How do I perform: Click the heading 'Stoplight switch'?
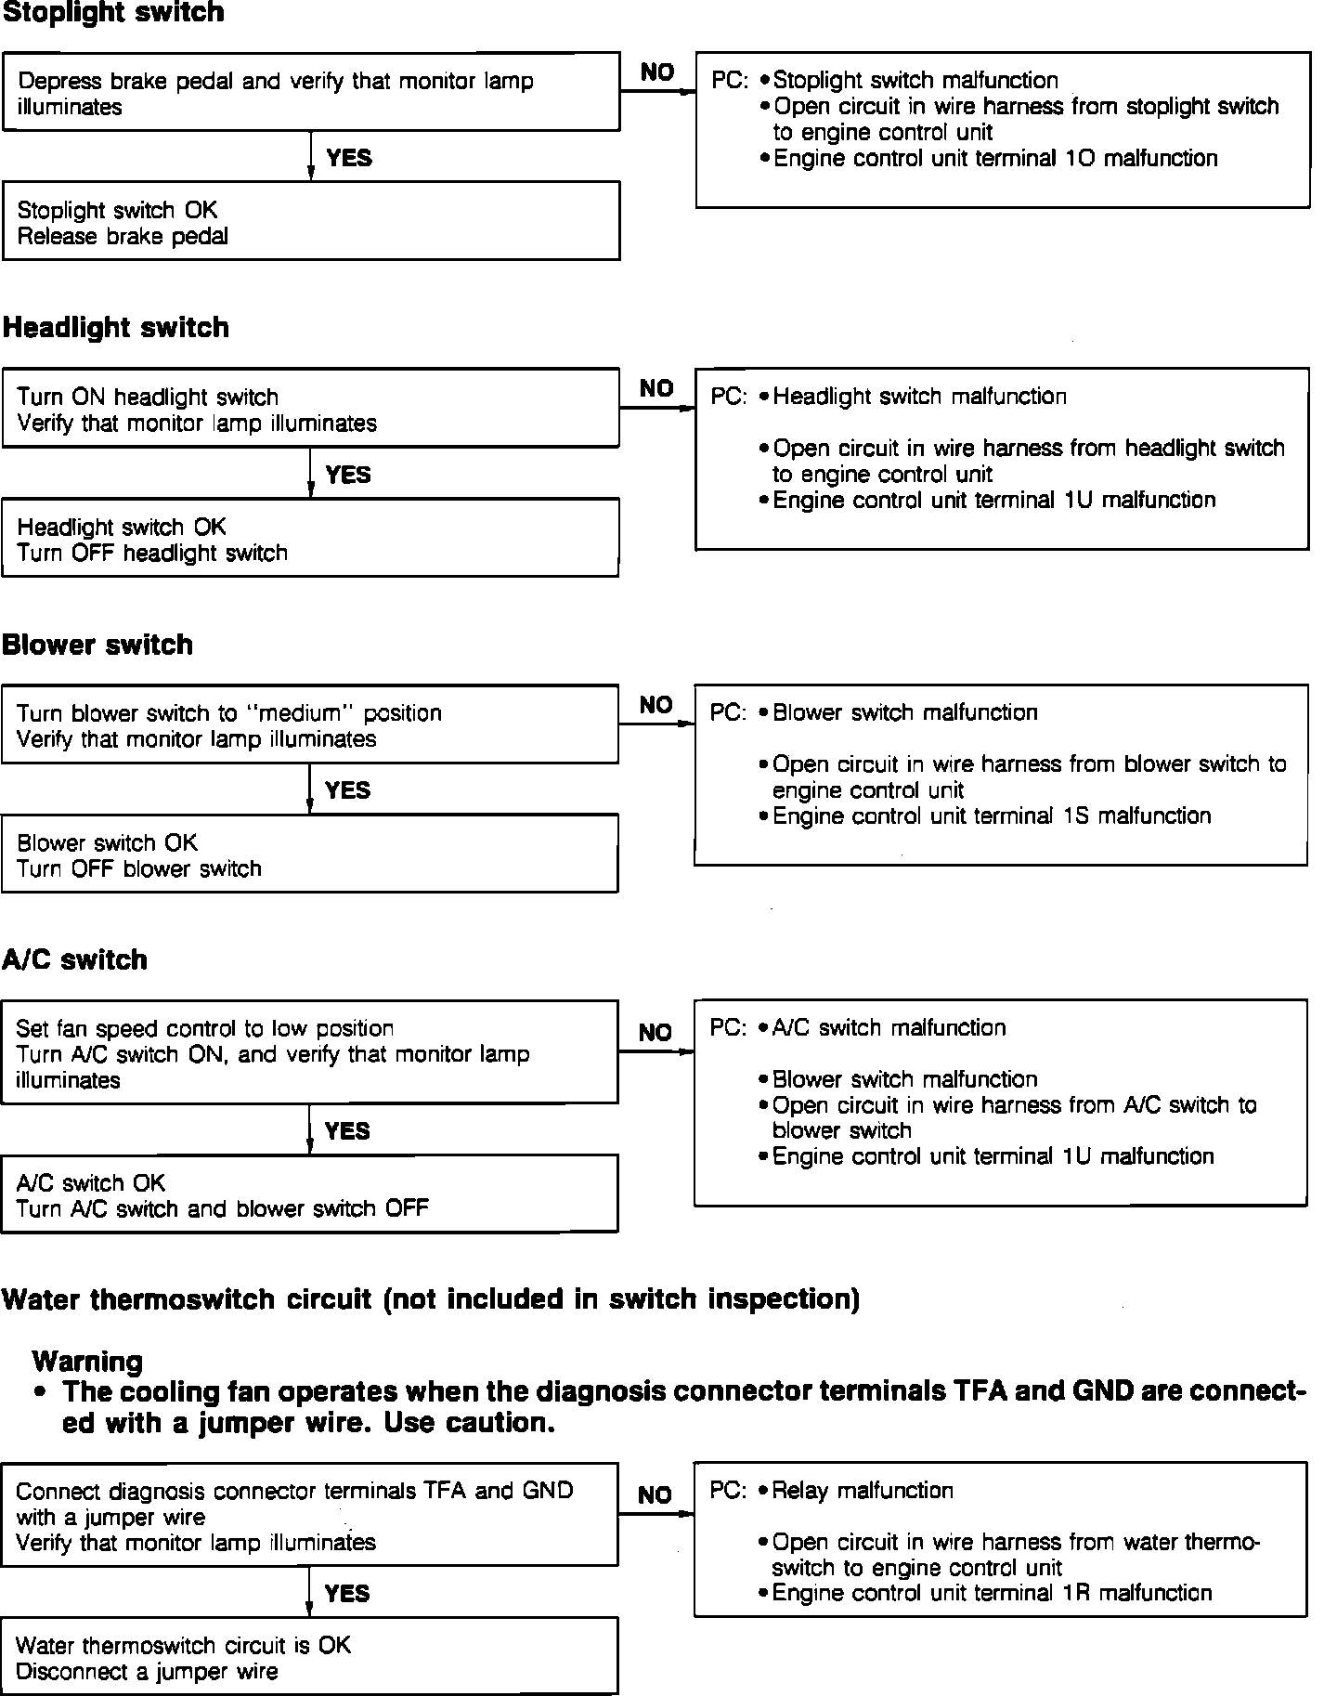(113, 13)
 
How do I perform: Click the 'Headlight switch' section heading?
(116, 328)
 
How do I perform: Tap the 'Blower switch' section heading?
(97, 645)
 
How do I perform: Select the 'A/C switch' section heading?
(74, 959)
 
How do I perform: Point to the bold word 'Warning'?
(87, 1362)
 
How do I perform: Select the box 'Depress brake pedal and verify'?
(310, 92)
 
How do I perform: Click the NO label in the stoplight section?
(657, 72)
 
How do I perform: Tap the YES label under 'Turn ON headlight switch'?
(348, 476)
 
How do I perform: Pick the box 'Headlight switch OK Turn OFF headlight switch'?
(310, 539)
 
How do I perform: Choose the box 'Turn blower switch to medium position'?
(310, 725)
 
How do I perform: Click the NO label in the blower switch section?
(656, 706)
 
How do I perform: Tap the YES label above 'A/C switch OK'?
(348, 1131)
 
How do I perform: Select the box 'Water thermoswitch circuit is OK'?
(310, 1658)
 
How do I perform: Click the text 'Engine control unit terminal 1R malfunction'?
(992, 1594)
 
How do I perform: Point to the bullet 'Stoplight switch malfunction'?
(915, 81)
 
